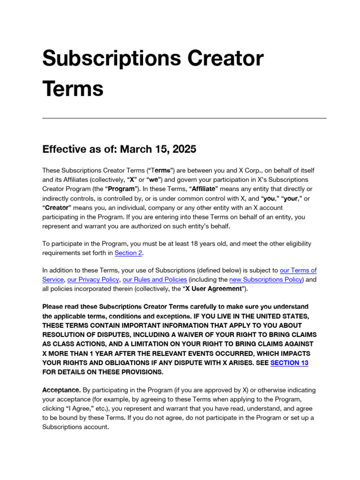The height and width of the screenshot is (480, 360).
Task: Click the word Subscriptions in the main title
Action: click(x=109, y=59)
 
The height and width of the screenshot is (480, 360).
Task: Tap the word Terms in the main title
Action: click(x=73, y=88)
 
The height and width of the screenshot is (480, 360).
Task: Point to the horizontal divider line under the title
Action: click(x=184, y=118)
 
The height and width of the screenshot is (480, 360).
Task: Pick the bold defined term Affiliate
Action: click(x=202, y=188)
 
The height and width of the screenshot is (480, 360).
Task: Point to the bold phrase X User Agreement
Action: click(x=210, y=289)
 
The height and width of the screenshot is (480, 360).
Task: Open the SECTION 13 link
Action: click(x=289, y=363)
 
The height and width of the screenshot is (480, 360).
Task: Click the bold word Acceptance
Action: click(x=61, y=390)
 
